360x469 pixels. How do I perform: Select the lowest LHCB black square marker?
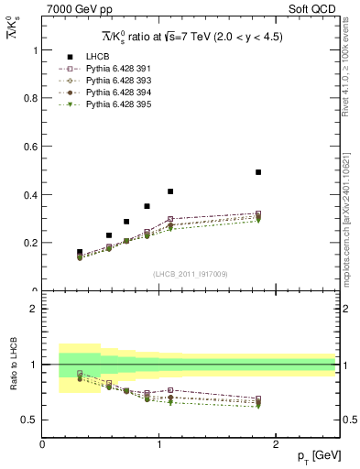tap(80, 252)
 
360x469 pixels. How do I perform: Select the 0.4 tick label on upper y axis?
tap(32, 195)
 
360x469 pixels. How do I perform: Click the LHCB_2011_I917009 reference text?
tap(189, 273)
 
